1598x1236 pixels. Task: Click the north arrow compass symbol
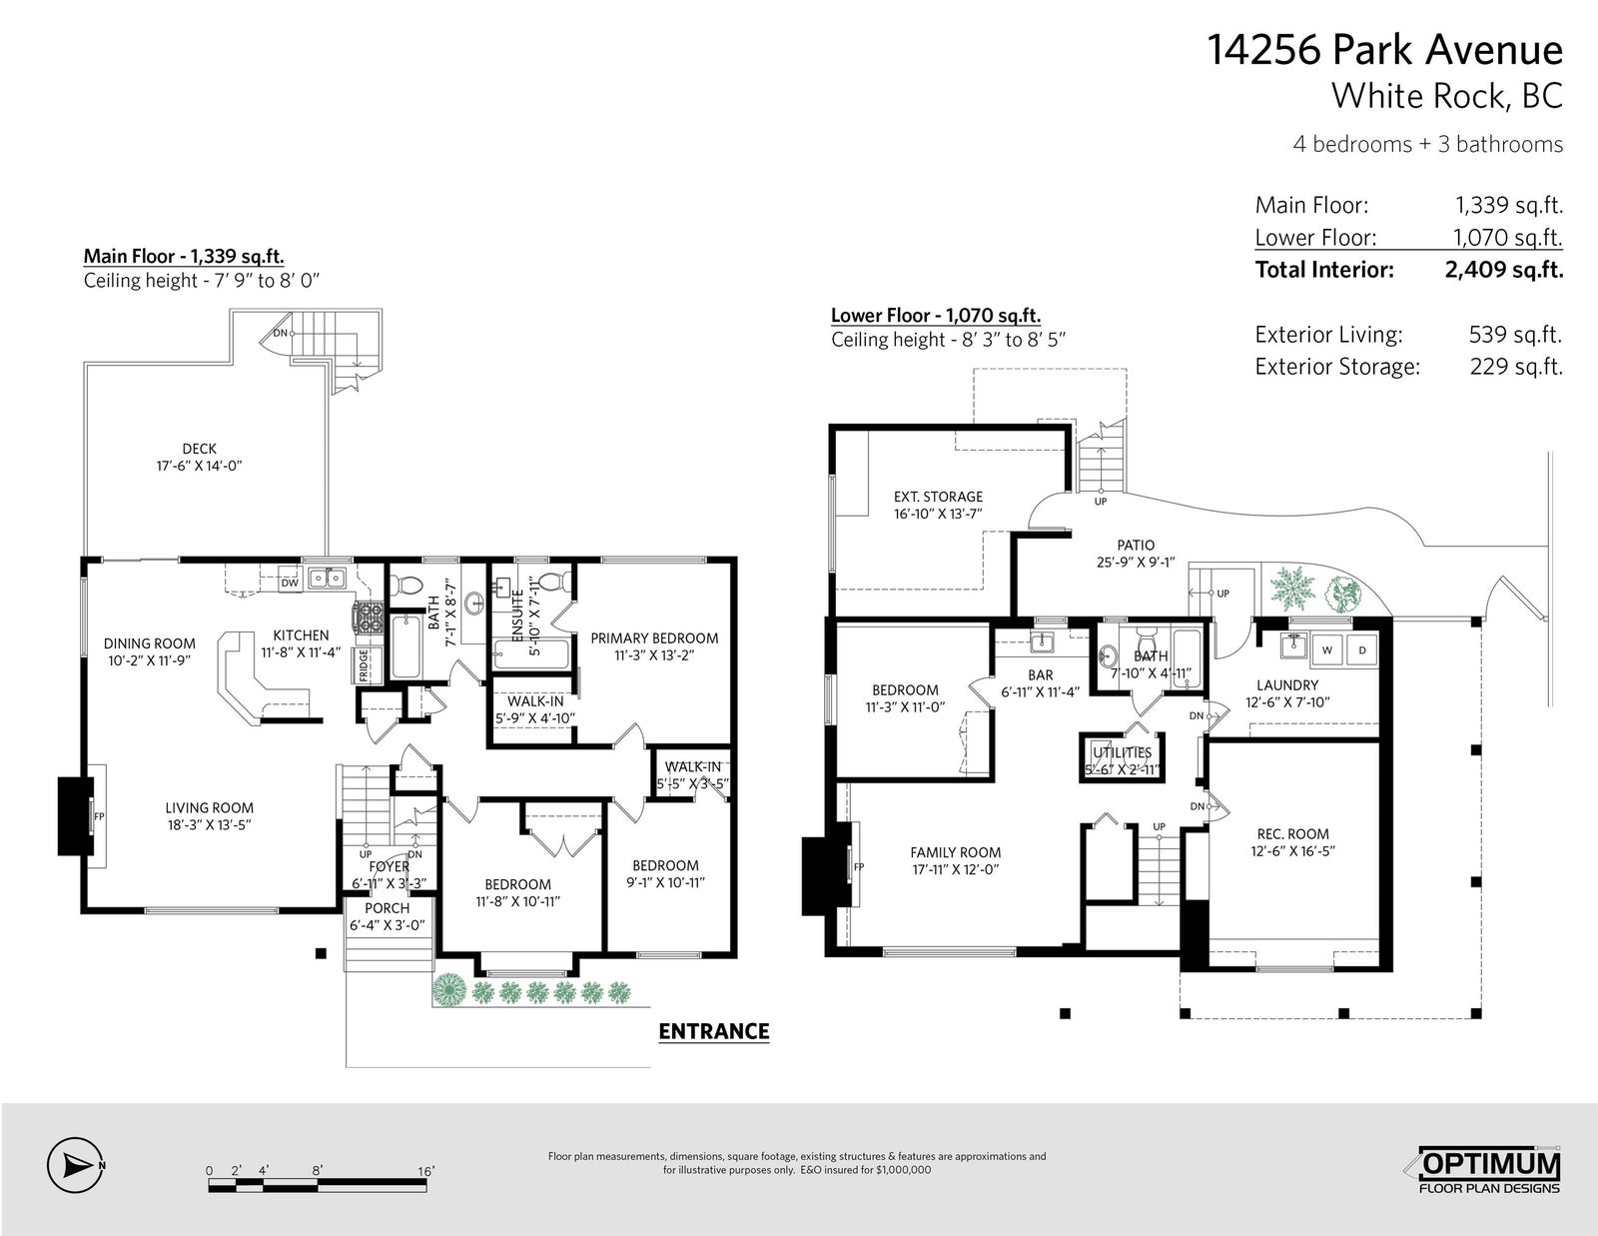pos(74,1166)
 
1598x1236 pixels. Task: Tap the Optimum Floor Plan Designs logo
pos(1488,1170)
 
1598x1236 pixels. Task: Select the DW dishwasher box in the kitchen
pos(290,583)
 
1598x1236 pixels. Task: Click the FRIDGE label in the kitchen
pos(364,665)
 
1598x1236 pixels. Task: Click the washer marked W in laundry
pos(1327,650)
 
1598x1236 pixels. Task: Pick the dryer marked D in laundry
pos(1362,650)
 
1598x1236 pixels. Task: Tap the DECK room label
pos(200,449)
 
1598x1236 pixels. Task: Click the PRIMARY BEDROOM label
pos(654,638)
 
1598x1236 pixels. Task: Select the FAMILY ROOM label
pos(955,852)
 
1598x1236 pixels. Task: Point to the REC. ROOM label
pos(1292,834)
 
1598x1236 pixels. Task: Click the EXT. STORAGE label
pos(939,497)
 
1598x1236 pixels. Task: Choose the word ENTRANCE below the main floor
pos(714,1031)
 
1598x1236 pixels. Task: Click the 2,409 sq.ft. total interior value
pos(1504,269)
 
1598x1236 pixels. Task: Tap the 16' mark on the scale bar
pos(425,1170)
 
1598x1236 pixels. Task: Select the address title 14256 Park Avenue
pos(1385,50)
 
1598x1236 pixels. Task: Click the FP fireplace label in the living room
pos(99,816)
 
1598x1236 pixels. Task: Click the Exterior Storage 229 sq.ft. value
pos(1516,367)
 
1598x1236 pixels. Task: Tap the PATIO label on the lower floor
pos(1136,546)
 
